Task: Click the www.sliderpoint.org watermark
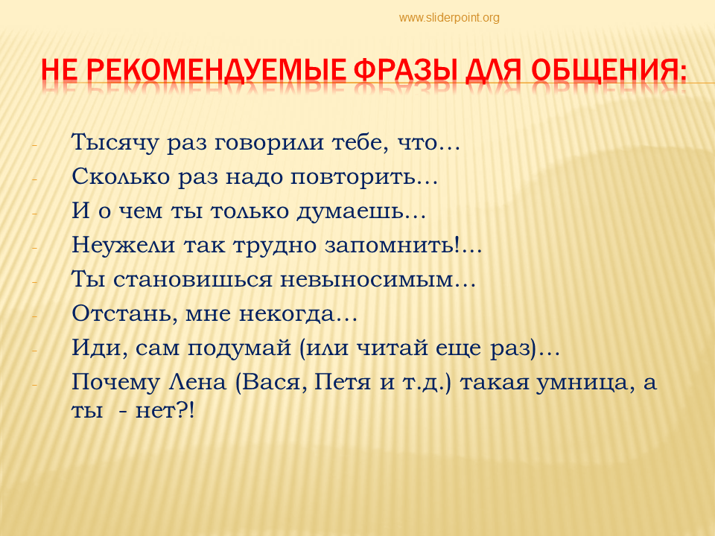(x=449, y=18)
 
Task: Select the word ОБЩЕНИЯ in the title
(x=608, y=70)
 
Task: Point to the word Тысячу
(x=115, y=143)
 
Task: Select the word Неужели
(x=123, y=245)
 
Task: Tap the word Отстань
(x=121, y=313)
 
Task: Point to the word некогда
(x=287, y=313)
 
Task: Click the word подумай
(x=239, y=348)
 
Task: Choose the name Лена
(x=197, y=382)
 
